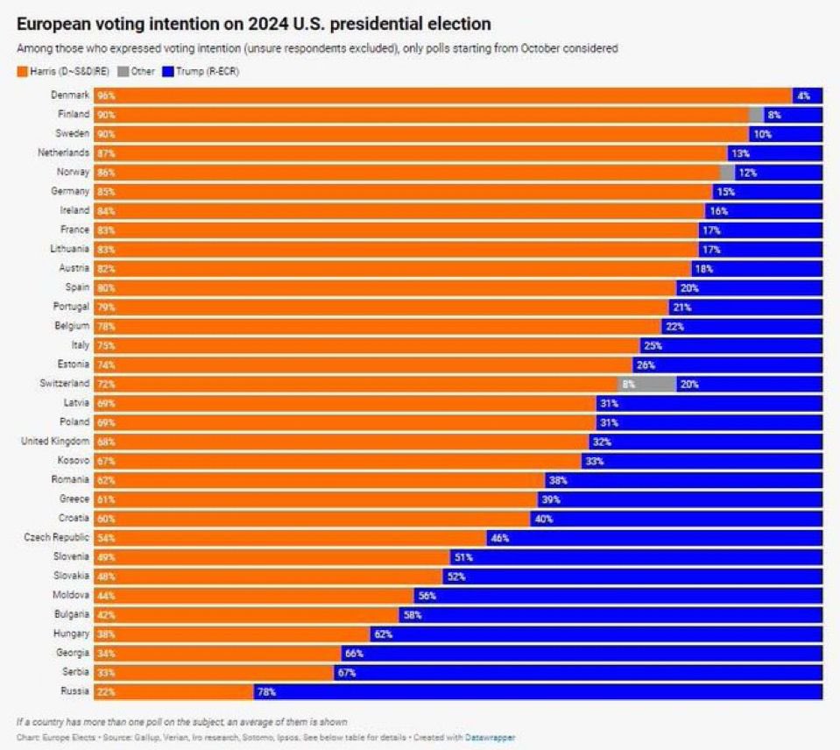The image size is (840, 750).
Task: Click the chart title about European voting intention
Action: point(253,24)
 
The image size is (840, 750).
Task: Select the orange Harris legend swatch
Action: point(22,71)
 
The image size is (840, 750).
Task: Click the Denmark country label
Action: point(70,95)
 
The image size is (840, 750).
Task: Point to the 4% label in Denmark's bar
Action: point(803,96)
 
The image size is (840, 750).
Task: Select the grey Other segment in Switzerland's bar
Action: point(647,384)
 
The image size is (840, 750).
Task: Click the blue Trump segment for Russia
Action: point(538,692)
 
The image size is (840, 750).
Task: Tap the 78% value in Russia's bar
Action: point(266,692)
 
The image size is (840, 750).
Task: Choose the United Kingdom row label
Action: point(55,441)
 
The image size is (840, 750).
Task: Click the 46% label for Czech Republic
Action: point(499,538)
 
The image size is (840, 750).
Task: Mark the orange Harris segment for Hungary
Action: point(232,634)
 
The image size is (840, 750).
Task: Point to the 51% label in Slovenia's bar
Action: point(462,557)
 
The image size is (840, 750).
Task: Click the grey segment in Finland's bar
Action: point(756,115)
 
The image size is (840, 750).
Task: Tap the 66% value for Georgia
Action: point(353,654)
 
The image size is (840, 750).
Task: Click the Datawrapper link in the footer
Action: point(490,738)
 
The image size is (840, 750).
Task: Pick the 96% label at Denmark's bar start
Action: point(106,96)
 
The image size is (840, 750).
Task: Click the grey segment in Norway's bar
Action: point(726,173)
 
